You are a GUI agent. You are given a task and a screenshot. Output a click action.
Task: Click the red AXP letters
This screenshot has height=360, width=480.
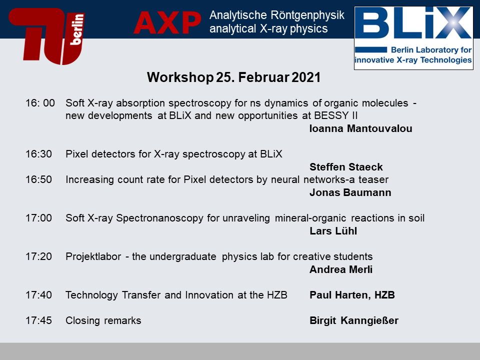pyautogui.click(x=167, y=22)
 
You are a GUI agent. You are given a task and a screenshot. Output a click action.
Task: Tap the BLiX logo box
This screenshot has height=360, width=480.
pyautogui.click(x=413, y=38)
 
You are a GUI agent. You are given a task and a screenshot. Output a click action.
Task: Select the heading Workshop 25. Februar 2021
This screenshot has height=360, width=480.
pyautogui.click(x=233, y=77)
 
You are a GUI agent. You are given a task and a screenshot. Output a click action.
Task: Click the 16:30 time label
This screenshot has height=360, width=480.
pyautogui.click(x=38, y=153)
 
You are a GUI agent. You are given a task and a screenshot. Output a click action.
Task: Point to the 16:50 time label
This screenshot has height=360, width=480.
pyautogui.click(x=38, y=179)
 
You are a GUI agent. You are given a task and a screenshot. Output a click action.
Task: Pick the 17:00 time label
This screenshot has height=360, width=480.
pyautogui.click(x=38, y=218)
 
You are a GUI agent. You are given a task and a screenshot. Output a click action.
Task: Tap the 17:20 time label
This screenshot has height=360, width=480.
pyautogui.click(x=38, y=256)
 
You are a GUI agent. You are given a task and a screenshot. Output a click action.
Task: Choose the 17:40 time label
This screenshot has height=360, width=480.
pyautogui.click(x=38, y=295)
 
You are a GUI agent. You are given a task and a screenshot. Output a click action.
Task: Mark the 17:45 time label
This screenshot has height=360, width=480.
pyautogui.click(x=38, y=320)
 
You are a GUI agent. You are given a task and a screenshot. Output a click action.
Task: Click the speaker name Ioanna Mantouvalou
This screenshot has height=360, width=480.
pyautogui.click(x=360, y=128)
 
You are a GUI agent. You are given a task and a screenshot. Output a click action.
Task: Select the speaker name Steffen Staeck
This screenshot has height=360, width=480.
pyautogui.click(x=346, y=167)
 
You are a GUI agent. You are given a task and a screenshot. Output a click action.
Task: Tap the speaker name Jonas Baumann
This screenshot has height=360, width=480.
pyautogui.click(x=350, y=192)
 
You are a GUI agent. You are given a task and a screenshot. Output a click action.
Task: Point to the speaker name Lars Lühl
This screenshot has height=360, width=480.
pyautogui.click(x=333, y=231)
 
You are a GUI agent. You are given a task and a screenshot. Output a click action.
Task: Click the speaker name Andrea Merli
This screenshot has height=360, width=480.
pyautogui.click(x=340, y=269)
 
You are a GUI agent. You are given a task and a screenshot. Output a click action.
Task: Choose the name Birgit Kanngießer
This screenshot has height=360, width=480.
pyautogui.click(x=354, y=320)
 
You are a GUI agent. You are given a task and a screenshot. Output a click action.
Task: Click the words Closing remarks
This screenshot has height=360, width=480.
pyautogui.click(x=103, y=320)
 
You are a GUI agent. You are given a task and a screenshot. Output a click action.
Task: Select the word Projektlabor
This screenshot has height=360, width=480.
pyautogui.click(x=93, y=256)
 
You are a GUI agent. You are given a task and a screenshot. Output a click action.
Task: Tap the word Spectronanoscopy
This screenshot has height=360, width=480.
pyautogui.click(x=159, y=218)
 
